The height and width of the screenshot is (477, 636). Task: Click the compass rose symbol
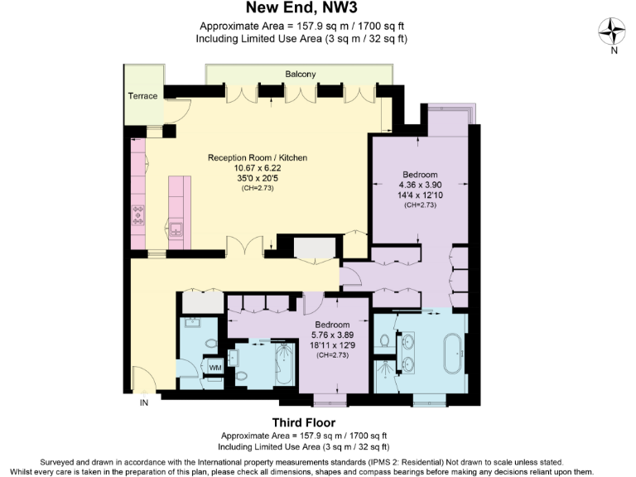pyautogui.click(x=612, y=32)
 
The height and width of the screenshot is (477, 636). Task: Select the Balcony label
pyautogui.click(x=301, y=75)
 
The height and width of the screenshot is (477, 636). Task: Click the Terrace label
pyautogui.click(x=142, y=96)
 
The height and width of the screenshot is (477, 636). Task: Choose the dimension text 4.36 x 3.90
pyautogui.click(x=420, y=185)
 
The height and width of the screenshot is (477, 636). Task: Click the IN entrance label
pyautogui.click(x=144, y=403)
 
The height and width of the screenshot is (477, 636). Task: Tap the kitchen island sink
pyautogui.click(x=176, y=226)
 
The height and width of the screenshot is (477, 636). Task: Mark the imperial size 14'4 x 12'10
pyautogui.click(x=420, y=195)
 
